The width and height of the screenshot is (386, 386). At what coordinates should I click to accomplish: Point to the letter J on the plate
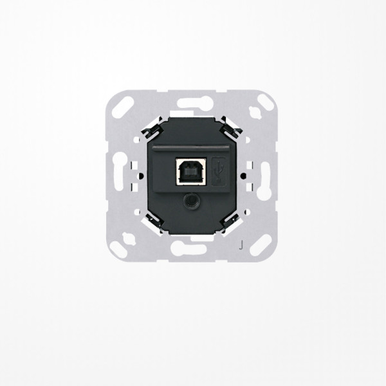pos(241,244)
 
